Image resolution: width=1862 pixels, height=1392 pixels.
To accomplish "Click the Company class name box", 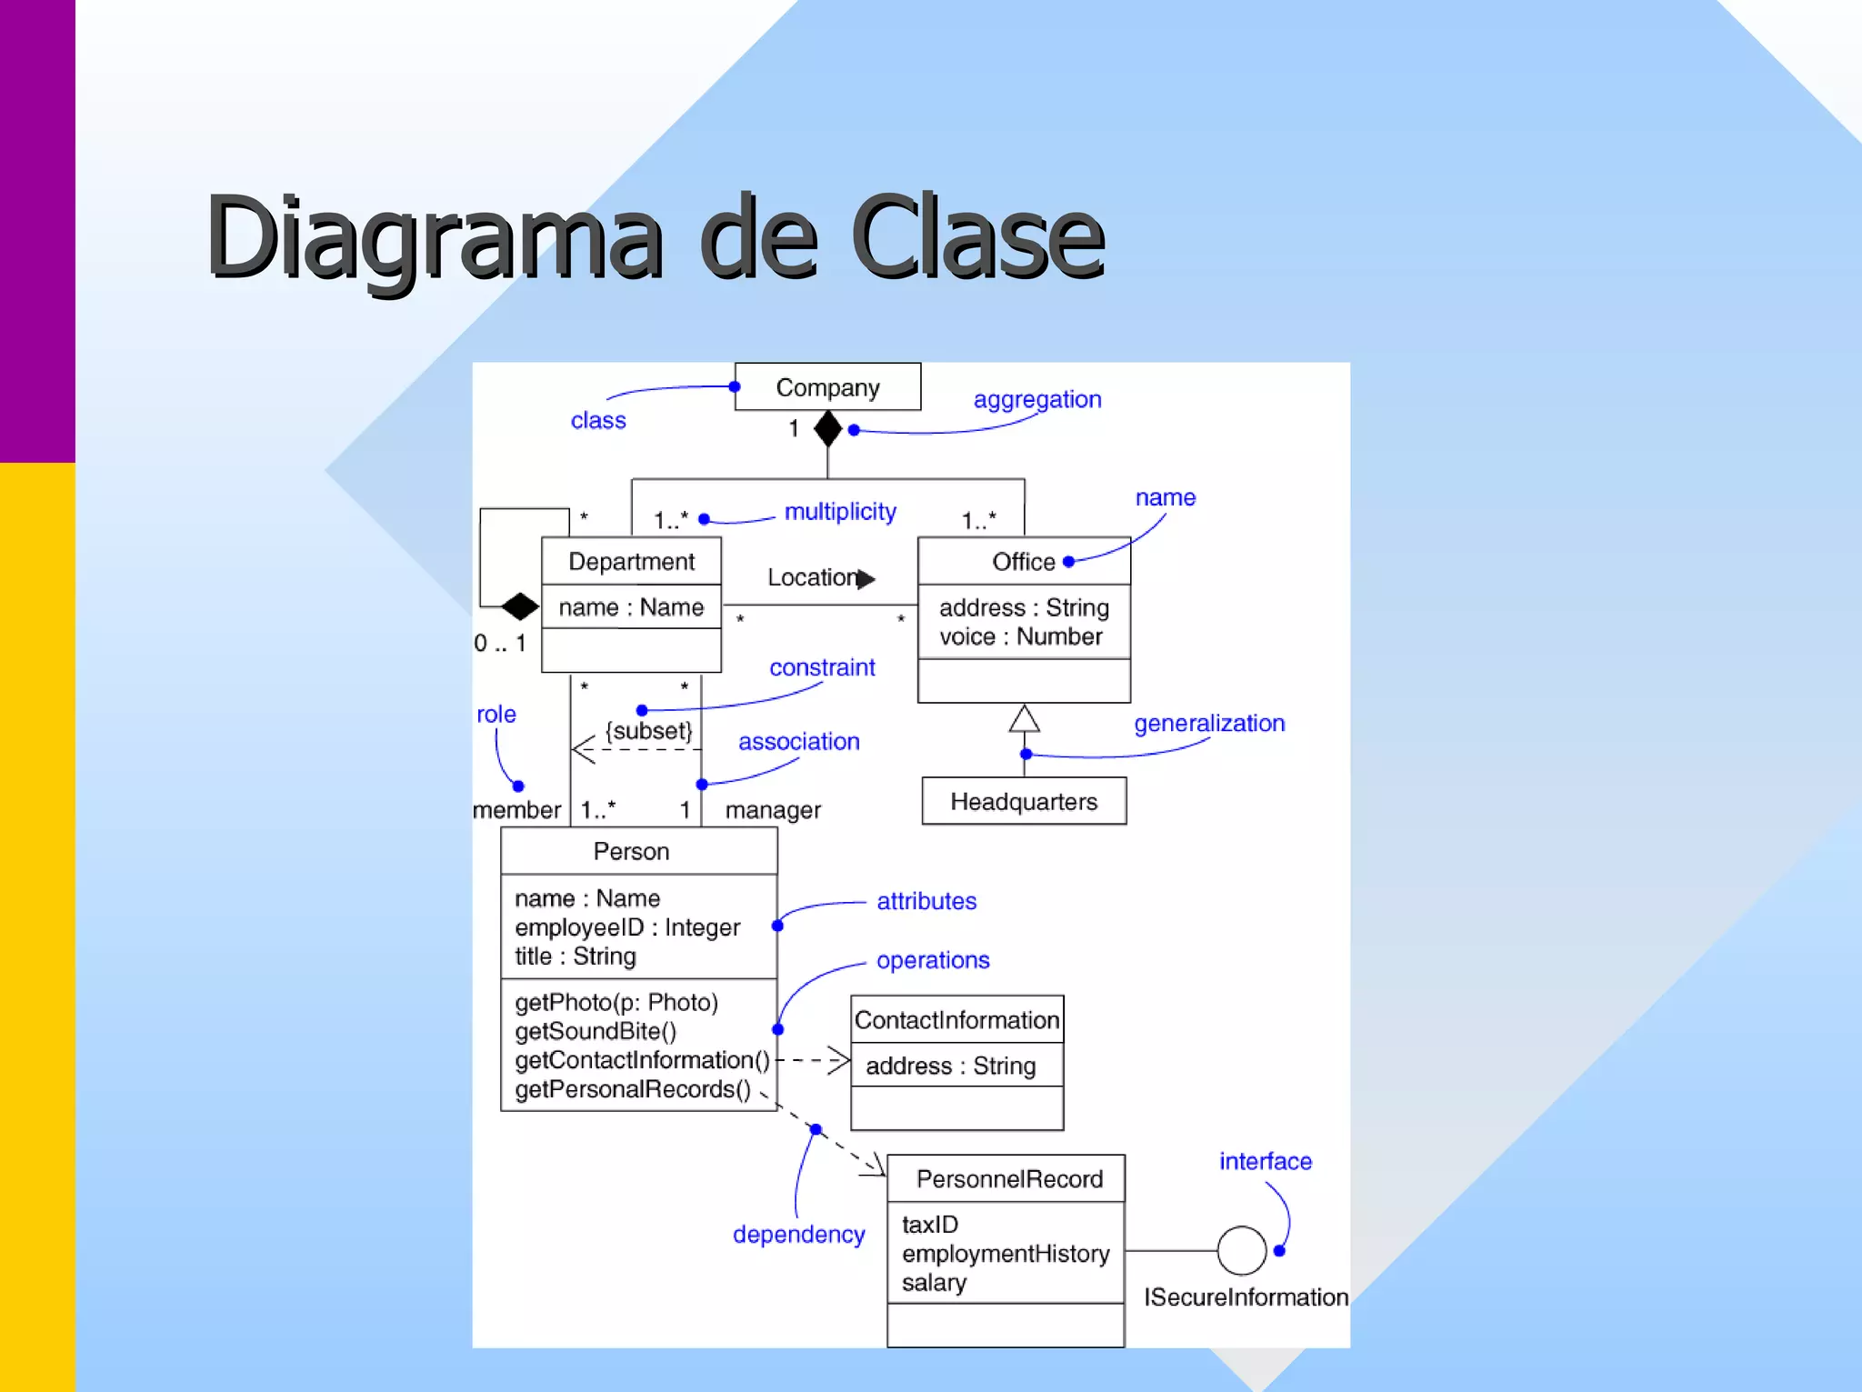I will point(827,387).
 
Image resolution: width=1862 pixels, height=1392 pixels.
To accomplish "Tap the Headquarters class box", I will point(1024,801).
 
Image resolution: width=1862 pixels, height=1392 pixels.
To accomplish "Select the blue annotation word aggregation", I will point(1037,399).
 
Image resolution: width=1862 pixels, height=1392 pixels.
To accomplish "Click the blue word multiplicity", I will point(840,512).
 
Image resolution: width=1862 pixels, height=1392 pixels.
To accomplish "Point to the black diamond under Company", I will point(827,428).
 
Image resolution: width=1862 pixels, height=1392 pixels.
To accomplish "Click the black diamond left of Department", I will point(520,606).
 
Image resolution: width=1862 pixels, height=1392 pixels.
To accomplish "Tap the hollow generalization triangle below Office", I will point(1024,718).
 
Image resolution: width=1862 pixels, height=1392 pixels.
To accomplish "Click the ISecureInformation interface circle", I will point(1241,1251).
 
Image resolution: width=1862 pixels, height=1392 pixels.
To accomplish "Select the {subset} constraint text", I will point(649,731).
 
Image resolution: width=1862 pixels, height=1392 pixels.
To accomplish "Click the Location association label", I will point(812,577).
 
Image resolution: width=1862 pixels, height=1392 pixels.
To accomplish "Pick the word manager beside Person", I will point(773,809).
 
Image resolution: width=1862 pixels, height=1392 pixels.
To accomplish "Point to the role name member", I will point(516,809).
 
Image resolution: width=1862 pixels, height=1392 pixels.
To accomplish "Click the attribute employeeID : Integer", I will point(627,927).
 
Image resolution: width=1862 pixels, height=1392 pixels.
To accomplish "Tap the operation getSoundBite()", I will point(596,1031).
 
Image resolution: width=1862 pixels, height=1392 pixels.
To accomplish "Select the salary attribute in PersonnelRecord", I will point(934,1283).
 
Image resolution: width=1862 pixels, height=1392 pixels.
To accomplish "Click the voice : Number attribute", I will point(1020,636).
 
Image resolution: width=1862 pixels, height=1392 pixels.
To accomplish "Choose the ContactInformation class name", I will point(956,1020).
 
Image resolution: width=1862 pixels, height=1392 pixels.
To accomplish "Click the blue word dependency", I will point(798,1234).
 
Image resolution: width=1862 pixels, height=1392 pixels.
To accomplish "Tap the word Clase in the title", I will point(977,238).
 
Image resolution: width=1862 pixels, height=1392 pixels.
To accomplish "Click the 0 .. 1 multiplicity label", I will point(500,643).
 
